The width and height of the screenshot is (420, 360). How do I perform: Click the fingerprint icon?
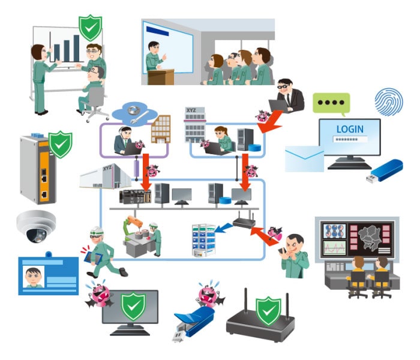tap(388, 101)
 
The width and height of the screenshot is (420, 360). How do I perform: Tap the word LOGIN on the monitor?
tap(350, 129)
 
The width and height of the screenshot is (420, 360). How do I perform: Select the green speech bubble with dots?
tap(331, 103)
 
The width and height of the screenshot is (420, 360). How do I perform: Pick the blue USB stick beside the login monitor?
tap(385, 170)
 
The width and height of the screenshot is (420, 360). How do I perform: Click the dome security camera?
tap(35, 226)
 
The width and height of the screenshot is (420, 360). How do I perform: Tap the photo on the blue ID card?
tap(34, 277)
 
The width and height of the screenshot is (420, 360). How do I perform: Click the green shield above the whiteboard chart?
tap(90, 27)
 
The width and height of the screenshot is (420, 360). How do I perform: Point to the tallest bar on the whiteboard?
tap(76, 47)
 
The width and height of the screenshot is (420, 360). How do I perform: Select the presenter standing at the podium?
tap(154, 57)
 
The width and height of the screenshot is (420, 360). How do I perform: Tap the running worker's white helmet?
tap(97, 230)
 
